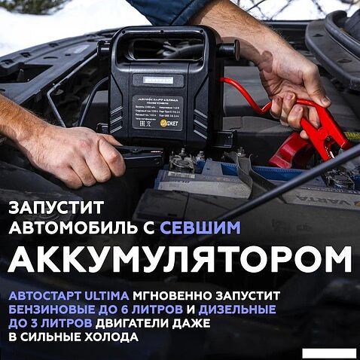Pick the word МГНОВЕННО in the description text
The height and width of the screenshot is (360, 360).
[x=175, y=294]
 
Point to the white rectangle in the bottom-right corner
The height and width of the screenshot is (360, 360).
[x=333, y=351]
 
